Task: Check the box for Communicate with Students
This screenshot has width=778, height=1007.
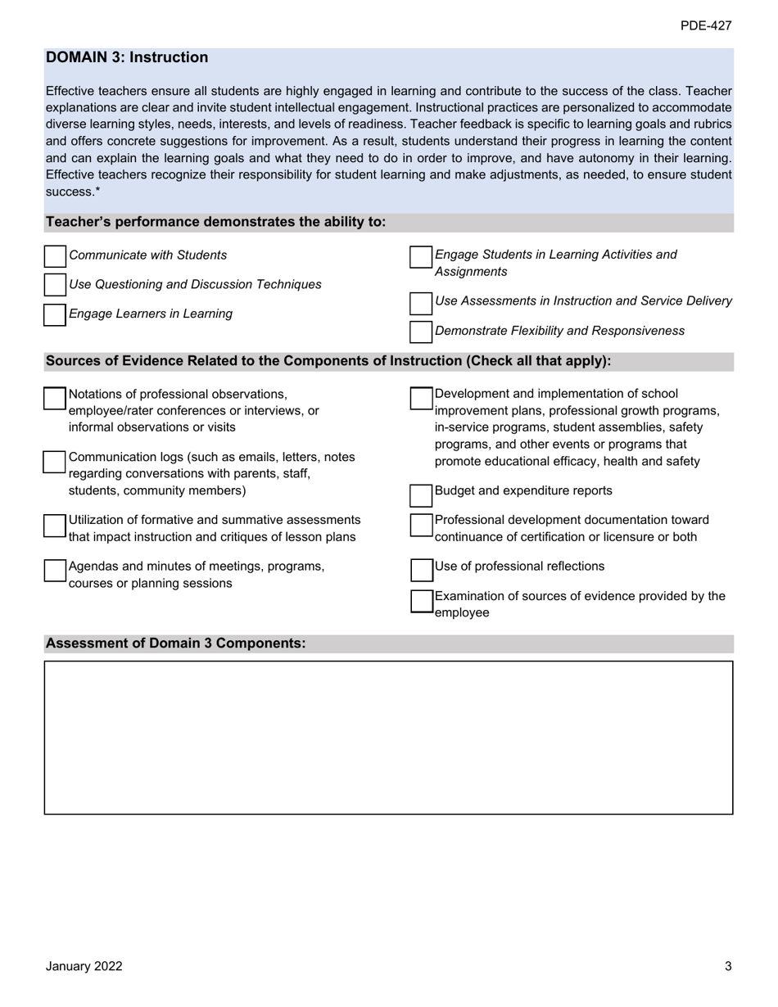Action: click(x=55, y=256)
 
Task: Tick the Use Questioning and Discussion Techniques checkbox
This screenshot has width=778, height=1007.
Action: click(x=55, y=285)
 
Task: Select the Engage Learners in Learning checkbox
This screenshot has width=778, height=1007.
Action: click(x=55, y=314)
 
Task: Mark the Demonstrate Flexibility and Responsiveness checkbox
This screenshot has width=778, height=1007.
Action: click(x=421, y=332)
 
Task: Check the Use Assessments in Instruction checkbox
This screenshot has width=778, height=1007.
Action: click(x=421, y=302)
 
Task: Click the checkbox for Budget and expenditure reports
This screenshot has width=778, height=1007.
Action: click(x=421, y=495)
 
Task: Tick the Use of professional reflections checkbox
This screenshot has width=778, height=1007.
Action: click(x=421, y=570)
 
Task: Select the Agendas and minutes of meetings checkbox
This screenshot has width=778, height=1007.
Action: click(x=55, y=570)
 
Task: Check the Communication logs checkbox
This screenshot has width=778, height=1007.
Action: click(x=55, y=461)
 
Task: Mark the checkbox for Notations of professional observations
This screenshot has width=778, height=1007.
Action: click(x=55, y=398)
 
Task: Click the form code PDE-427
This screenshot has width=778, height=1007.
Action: click(x=705, y=26)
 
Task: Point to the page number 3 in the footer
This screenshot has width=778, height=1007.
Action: click(x=727, y=966)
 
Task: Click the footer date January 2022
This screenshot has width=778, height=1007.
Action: click(x=84, y=966)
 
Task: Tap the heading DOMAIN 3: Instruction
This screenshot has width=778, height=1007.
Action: click(x=127, y=57)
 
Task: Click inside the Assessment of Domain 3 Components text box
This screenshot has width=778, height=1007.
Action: click(x=388, y=737)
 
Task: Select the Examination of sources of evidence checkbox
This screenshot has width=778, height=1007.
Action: click(x=421, y=601)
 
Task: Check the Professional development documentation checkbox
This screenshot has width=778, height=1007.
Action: click(x=421, y=525)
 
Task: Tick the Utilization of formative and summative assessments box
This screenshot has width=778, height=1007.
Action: click(x=55, y=525)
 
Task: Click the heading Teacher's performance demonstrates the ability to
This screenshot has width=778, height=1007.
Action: click(x=215, y=222)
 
